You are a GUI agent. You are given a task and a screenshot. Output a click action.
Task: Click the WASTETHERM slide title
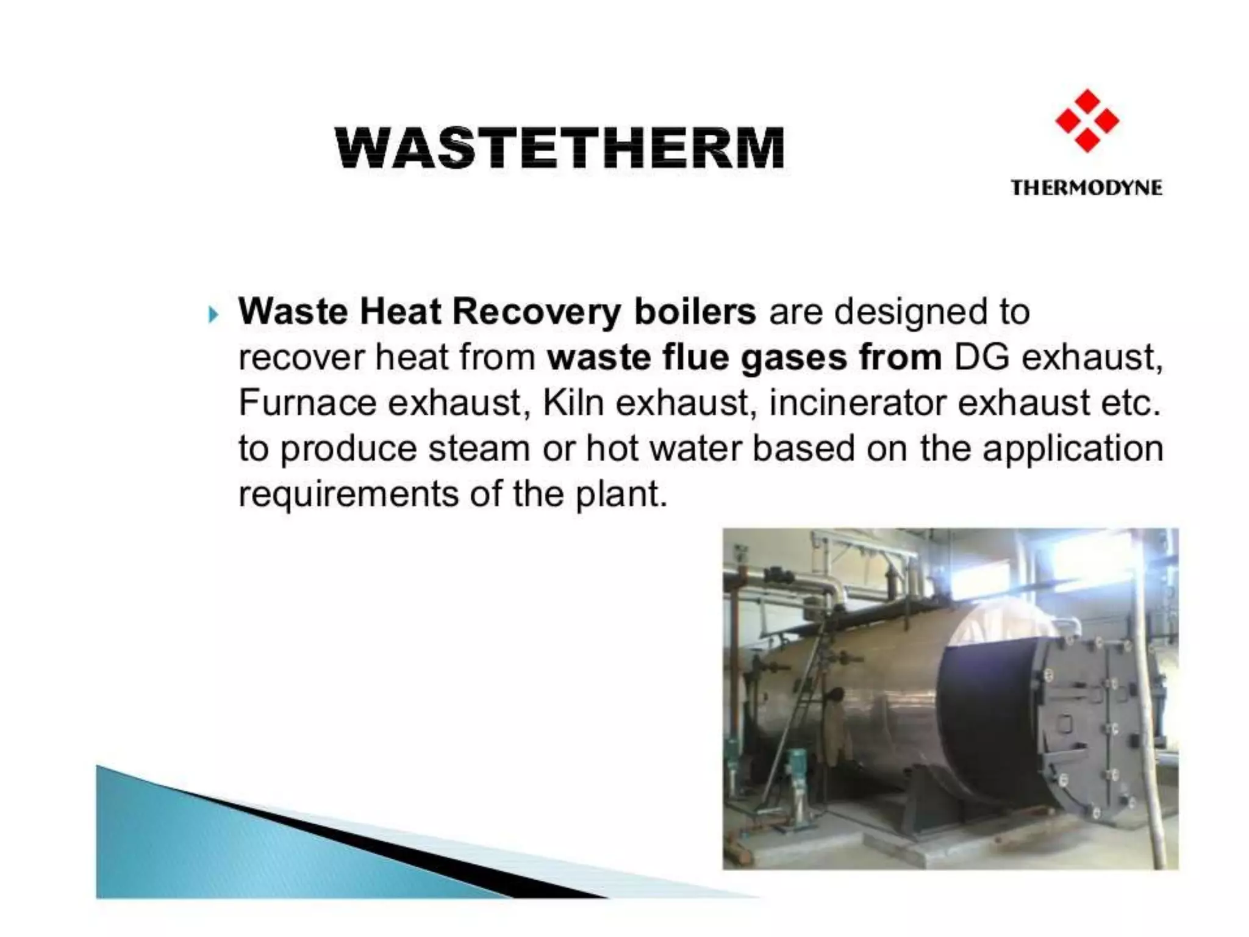[560, 148]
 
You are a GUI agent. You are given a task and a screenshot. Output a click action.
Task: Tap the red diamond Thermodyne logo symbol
[1087, 121]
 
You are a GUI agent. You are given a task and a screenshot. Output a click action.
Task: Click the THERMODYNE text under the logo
[1087, 187]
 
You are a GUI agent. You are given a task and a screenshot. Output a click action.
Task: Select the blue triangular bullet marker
[212, 315]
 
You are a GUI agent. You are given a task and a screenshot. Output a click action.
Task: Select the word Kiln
[573, 403]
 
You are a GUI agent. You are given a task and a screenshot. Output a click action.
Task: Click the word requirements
[348, 494]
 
